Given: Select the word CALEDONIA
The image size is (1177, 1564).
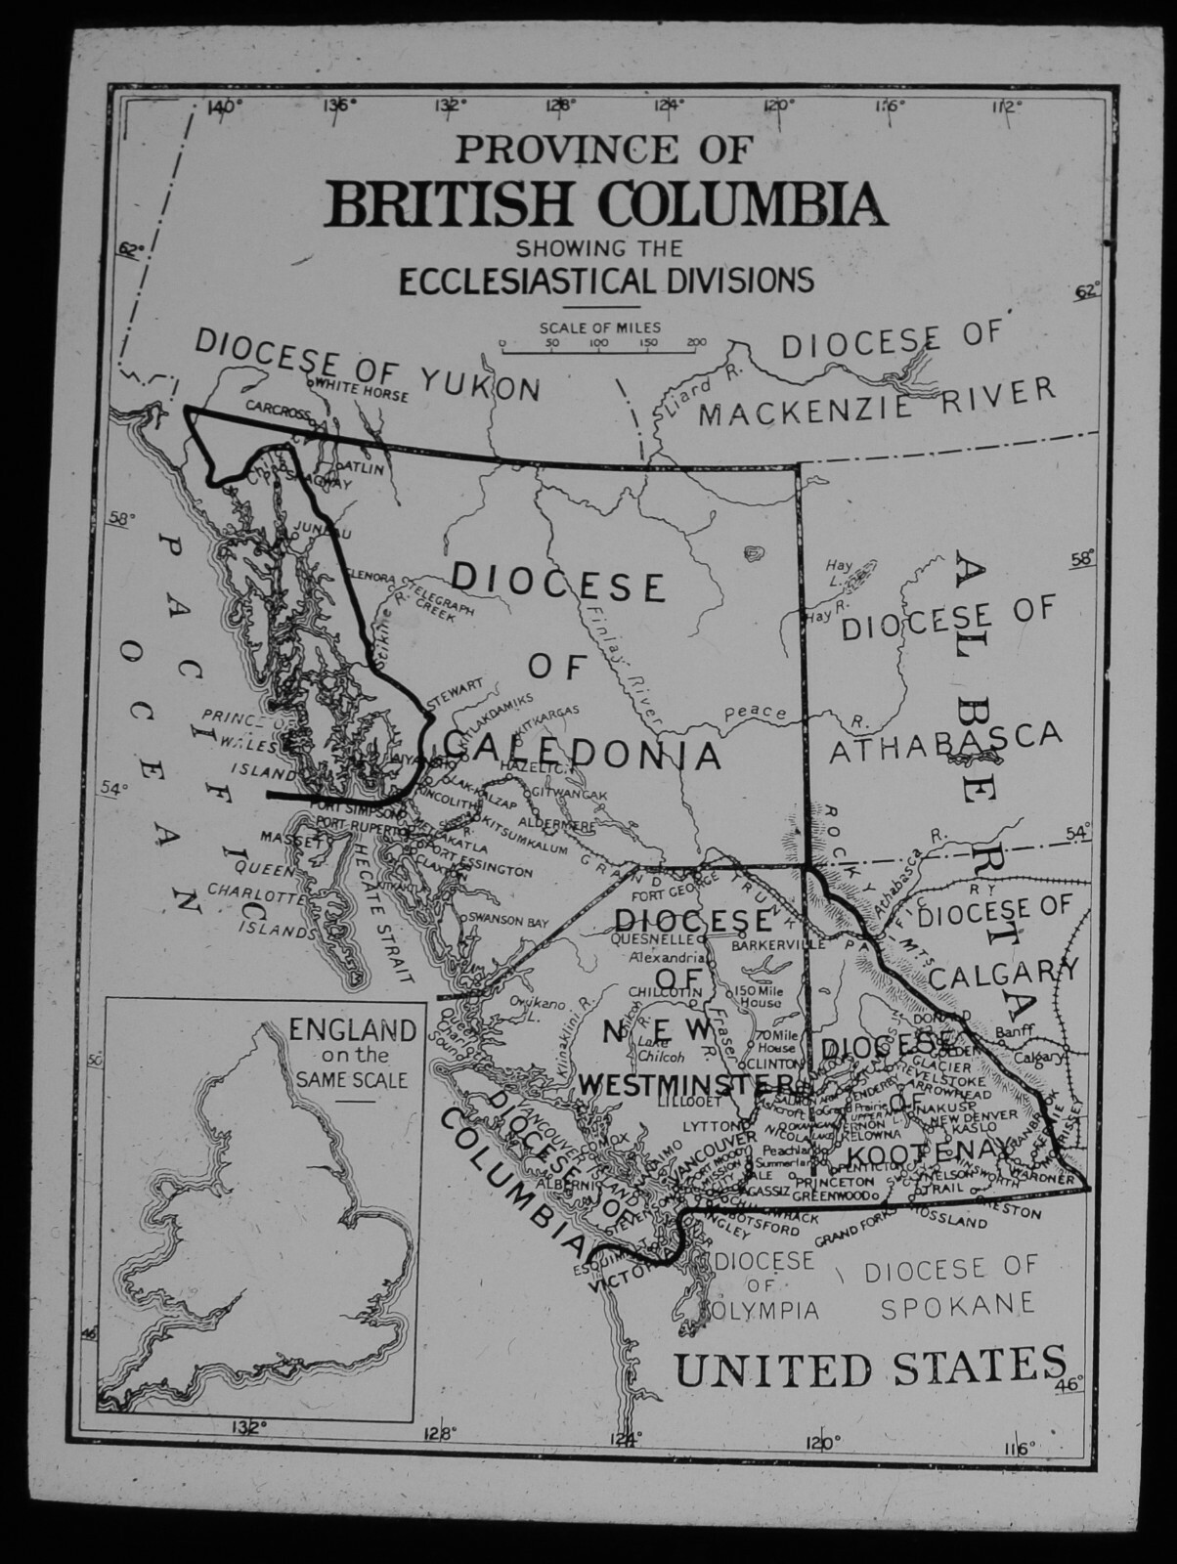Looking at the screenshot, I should pyautogui.click(x=583, y=751).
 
